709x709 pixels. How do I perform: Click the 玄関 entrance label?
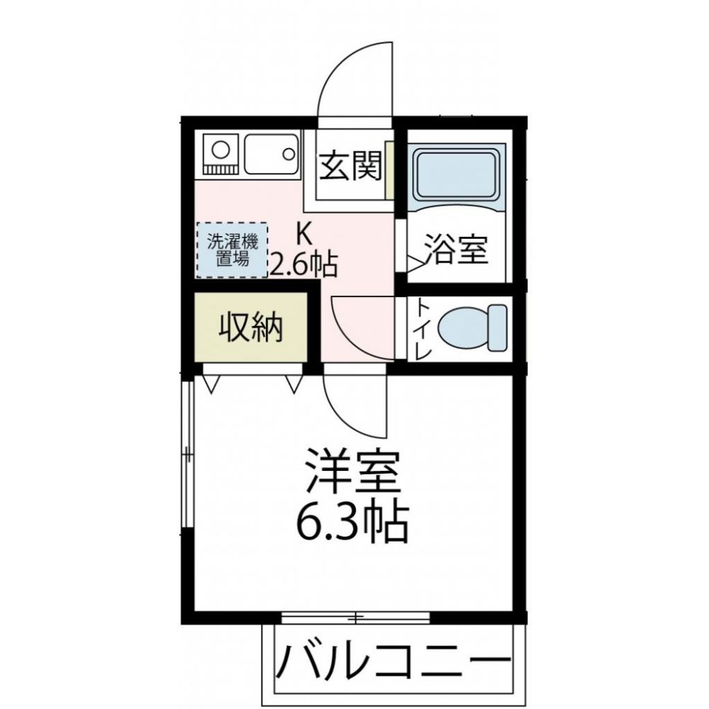tap(350, 165)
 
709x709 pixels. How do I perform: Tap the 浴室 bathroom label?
tap(456, 249)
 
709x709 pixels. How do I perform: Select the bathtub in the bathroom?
tap(457, 177)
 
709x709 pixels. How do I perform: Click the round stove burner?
tap(220, 150)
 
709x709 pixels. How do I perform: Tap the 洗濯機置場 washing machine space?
tap(232, 250)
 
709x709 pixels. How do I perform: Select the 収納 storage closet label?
tap(250, 327)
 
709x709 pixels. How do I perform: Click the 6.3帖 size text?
tap(352, 521)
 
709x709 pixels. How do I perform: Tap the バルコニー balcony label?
tap(393, 661)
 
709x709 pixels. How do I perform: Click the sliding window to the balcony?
tap(355, 617)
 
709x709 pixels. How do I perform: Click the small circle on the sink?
tap(289, 154)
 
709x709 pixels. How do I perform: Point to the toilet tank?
tap(498, 328)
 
